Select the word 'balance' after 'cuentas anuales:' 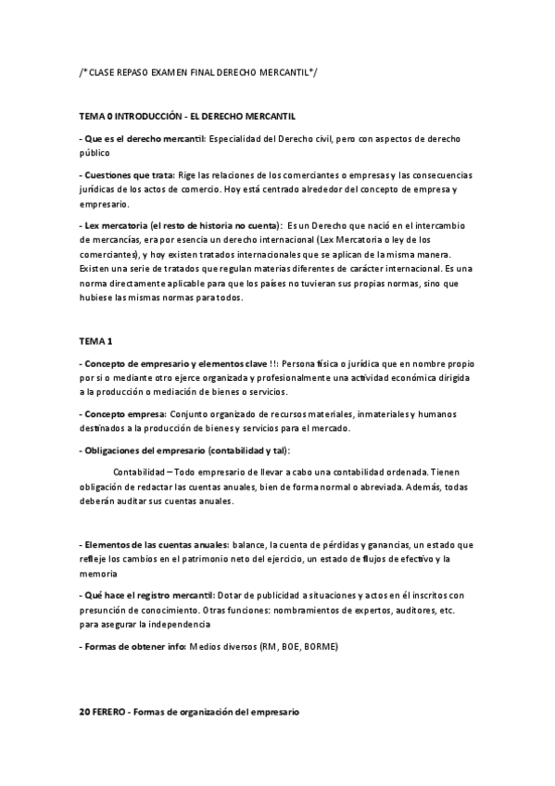[x=249, y=546]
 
